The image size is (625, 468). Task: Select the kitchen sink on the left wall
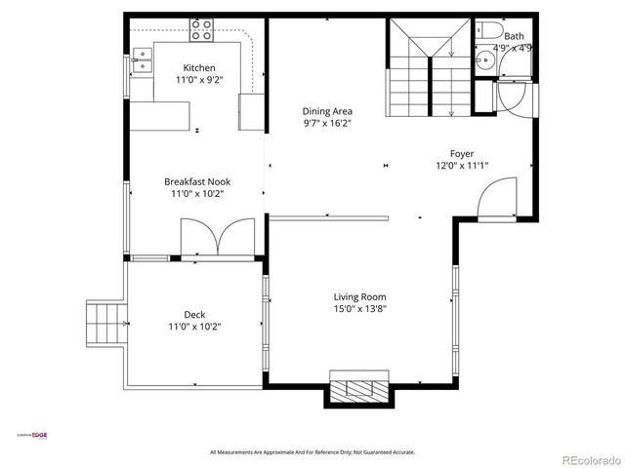(142, 65)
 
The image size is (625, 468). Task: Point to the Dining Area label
(327, 111)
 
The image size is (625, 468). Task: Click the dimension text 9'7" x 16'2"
(327, 124)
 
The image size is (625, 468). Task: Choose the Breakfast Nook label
(197, 181)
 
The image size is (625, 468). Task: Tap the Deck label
(194, 314)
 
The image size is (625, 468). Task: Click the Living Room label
(360, 297)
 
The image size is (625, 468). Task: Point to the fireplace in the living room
(359, 388)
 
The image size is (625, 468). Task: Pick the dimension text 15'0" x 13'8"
(360, 310)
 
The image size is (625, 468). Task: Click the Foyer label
(462, 153)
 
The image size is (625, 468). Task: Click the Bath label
(513, 36)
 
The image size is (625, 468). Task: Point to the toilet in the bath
(484, 30)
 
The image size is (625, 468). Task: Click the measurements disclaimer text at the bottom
(312, 452)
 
